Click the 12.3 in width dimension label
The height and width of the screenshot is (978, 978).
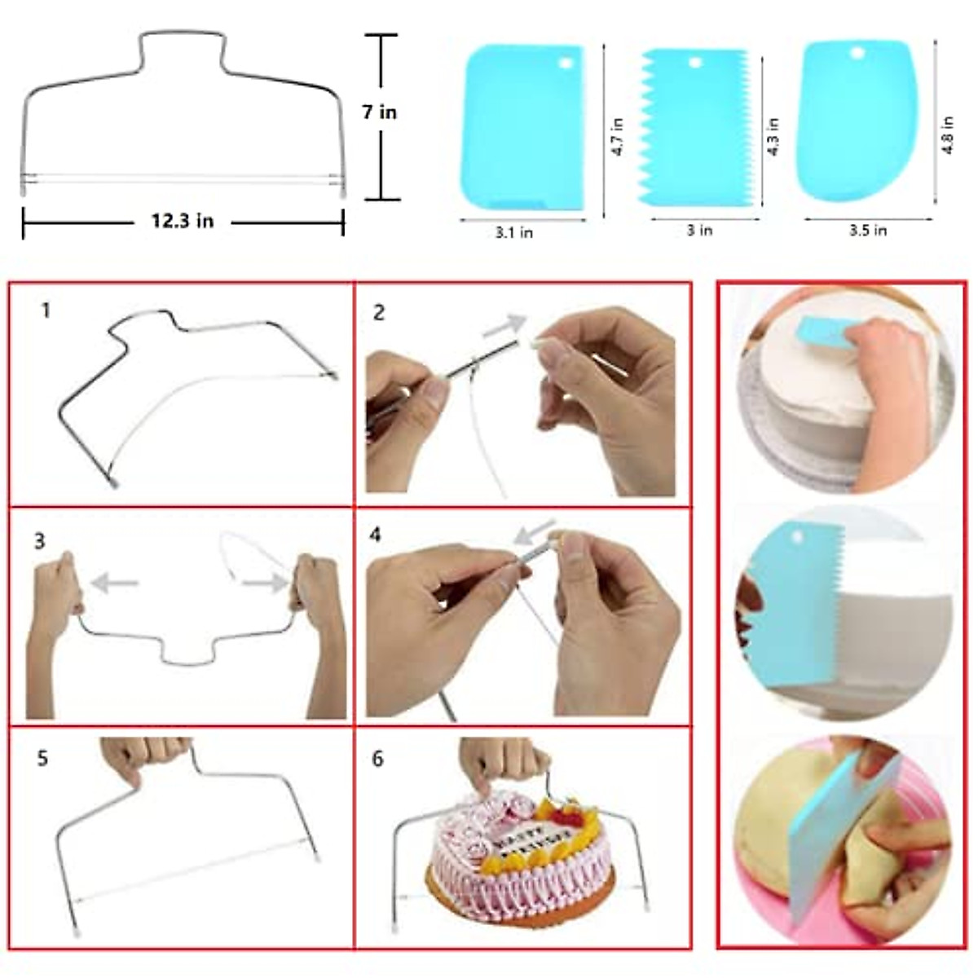click(x=183, y=221)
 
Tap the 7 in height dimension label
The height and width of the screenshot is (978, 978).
click(x=380, y=112)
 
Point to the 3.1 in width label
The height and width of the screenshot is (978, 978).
click(x=514, y=233)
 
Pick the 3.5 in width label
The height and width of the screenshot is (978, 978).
click(x=867, y=231)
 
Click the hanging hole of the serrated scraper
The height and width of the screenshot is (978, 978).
click(x=694, y=63)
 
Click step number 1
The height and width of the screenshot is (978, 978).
click(x=46, y=311)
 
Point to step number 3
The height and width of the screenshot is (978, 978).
click(x=40, y=541)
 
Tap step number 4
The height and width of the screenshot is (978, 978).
click(x=375, y=535)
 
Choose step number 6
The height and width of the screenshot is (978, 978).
click(x=377, y=759)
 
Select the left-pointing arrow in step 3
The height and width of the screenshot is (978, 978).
click(x=114, y=583)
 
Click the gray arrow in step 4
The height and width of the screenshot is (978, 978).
click(x=534, y=532)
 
